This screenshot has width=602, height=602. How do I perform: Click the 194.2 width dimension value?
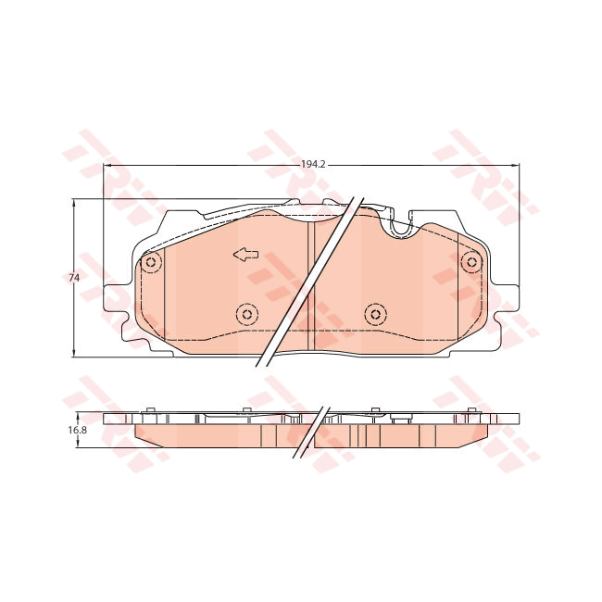[313, 164]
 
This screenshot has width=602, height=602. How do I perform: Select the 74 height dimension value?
[72, 278]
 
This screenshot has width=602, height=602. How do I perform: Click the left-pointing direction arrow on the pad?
[245, 255]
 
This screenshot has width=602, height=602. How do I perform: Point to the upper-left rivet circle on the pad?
[152, 264]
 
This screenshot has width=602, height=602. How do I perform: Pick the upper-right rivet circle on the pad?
[472, 263]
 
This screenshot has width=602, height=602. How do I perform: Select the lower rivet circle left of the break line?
[246, 315]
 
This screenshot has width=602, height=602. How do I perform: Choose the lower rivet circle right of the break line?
[374, 314]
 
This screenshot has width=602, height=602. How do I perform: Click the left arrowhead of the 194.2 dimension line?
[105, 165]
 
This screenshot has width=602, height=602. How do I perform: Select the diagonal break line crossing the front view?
[306, 282]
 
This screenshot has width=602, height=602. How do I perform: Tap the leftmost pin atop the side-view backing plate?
[150, 408]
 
